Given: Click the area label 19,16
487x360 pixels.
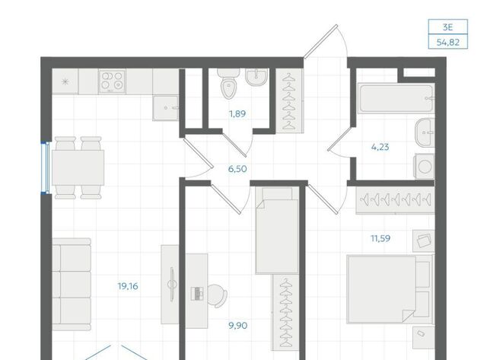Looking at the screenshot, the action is click(128, 286).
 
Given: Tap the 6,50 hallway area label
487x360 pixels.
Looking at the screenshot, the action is click(237, 169).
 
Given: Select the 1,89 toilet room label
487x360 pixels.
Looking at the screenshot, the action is click(237, 113).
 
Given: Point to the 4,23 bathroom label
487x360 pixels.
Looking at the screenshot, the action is click(380, 147).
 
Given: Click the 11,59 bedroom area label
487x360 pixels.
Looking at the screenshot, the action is click(380, 238).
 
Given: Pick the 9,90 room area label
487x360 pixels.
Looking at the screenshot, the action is click(238, 326).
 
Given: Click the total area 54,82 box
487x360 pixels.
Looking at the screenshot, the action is click(448, 42).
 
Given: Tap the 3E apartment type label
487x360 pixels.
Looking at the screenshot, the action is click(448, 27).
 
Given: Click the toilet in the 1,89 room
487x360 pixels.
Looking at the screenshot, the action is click(228, 83).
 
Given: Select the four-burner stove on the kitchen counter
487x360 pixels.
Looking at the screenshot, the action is click(112, 81).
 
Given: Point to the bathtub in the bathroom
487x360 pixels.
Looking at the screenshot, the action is click(396, 98).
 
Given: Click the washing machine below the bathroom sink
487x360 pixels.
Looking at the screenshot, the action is click(425, 167).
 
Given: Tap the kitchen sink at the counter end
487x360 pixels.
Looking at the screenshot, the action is click(166, 108).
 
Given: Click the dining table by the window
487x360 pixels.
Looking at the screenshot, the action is click(78, 167).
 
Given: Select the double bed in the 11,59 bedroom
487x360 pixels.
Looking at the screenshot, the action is click(390, 289).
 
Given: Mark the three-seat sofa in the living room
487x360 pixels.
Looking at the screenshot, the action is click(72, 285).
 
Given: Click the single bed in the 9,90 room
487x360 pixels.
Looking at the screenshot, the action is click(277, 231).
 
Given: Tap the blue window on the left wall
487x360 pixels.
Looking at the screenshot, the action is click(46, 168).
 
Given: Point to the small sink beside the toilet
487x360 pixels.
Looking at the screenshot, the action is click(256, 76).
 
